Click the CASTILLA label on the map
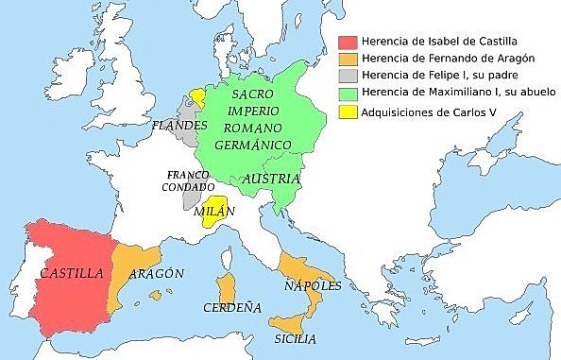(x=72, y=273)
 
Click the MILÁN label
(x=213, y=213)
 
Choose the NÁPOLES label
(x=311, y=285)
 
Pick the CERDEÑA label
(x=230, y=307)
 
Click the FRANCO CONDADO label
(x=187, y=180)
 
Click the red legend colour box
(x=346, y=43)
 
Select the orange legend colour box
(x=346, y=60)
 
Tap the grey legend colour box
(x=346, y=77)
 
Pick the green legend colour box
(x=346, y=94)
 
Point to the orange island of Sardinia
(x=226, y=289)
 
